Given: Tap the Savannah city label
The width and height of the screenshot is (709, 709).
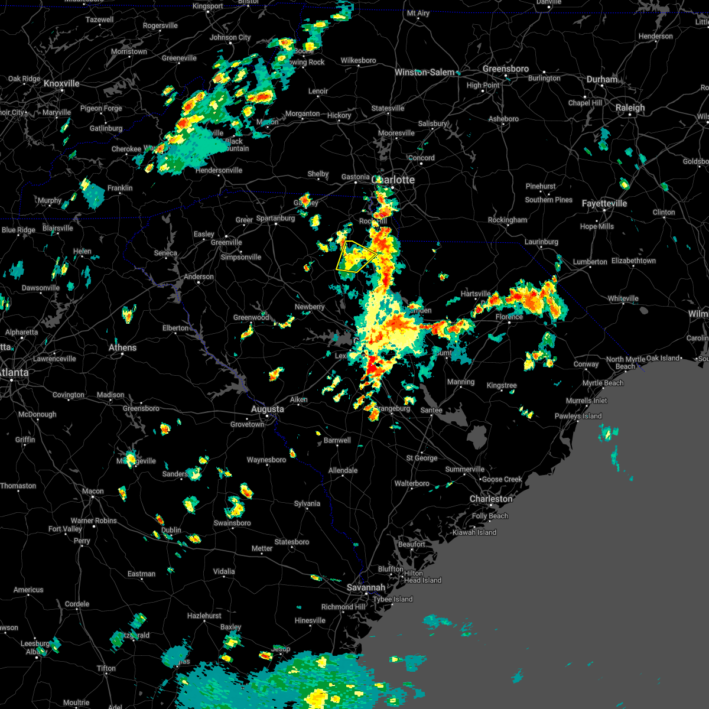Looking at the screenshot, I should click(366, 587).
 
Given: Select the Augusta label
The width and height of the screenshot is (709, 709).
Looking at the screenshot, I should click(267, 409).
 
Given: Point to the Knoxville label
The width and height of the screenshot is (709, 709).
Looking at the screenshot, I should click(61, 83).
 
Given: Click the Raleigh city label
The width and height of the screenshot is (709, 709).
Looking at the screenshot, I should click(630, 108).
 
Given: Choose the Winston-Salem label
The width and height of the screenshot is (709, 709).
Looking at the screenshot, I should click(425, 72).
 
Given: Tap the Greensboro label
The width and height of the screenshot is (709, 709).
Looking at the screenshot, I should click(506, 69).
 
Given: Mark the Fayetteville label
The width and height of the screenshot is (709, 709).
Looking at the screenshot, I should click(604, 203).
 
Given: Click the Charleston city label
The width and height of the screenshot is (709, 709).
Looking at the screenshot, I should click(491, 499).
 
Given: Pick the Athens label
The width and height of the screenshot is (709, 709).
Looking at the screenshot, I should click(122, 347).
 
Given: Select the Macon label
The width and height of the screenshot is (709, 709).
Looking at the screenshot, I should click(93, 491).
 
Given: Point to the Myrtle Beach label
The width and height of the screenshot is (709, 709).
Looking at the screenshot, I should click(603, 383).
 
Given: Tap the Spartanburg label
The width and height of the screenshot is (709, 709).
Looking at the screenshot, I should click(275, 218).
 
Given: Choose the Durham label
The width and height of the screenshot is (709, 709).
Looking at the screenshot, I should click(602, 79).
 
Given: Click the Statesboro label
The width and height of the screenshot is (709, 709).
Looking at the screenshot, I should click(292, 542).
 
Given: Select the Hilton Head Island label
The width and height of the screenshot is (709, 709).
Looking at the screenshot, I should click(422, 577).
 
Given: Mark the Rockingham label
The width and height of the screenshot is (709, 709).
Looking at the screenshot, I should click(508, 220).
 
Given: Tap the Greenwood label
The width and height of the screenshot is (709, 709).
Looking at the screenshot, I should click(251, 317).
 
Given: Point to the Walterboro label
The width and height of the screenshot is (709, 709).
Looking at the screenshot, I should click(412, 483).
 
